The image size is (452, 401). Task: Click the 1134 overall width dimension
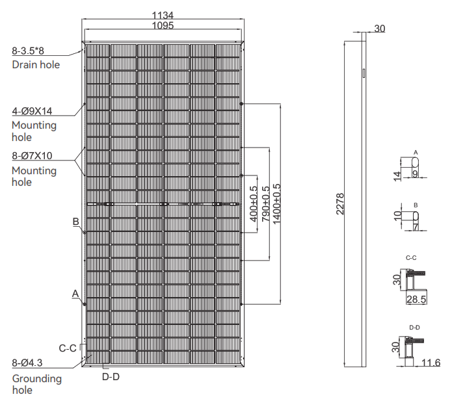(x=163, y=15)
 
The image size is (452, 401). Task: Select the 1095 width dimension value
(x=163, y=25)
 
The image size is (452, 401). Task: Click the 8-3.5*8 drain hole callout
(x=33, y=51)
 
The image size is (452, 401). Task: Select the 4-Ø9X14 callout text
(x=32, y=110)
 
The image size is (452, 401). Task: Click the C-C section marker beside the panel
(x=68, y=348)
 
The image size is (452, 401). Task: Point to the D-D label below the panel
(x=111, y=376)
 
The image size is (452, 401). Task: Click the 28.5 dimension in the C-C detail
(x=416, y=300)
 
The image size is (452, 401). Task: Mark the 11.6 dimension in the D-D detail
(x=431, y=362)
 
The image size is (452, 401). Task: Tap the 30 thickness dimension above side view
(x=380, y=29)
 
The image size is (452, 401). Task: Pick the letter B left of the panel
(x=76, y=222)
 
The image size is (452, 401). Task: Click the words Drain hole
(x=36, y=64)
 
